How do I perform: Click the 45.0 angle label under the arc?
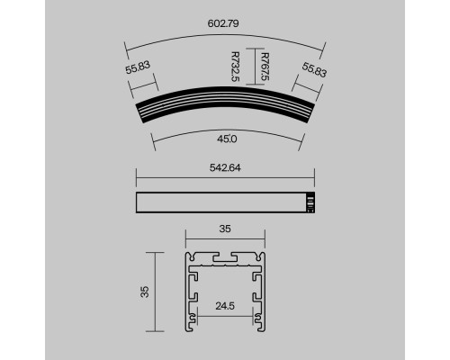[x=226, y=139]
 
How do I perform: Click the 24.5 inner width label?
[x=226, y=305]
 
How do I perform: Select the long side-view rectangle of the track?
[x=220, y=204]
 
